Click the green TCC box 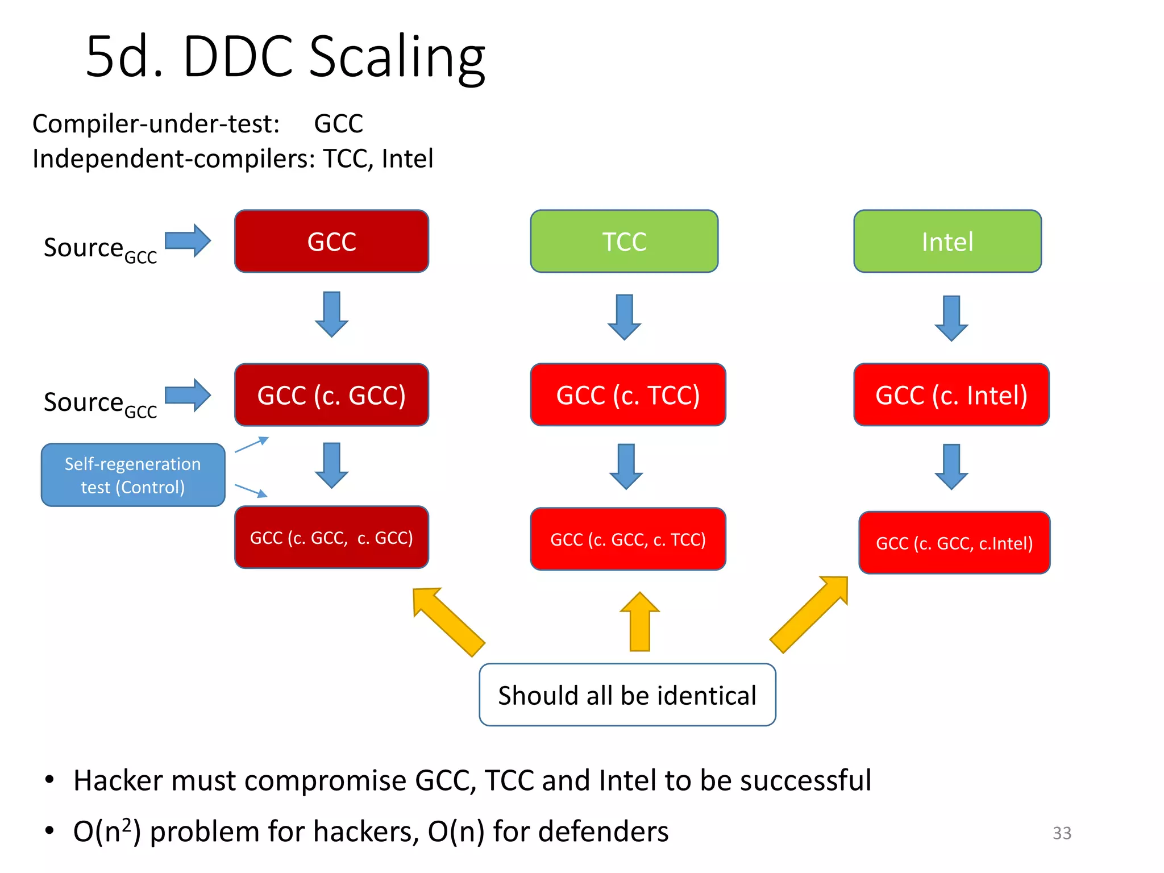tap(624, 242)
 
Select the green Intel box tap(947, 242)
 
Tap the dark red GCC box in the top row tap(331, 242)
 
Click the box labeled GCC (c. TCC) tap(627, 395)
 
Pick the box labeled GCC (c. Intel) tap(951, 395)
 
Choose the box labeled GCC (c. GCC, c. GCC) tap(331, 537)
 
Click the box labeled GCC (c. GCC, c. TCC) tap(627, 539)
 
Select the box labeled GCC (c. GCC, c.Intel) tap(954, 543)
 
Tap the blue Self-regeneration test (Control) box tap(133, 475)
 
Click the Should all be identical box tap(627, 695)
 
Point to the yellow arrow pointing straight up tap(640, 622)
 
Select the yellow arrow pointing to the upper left tap(448, 621)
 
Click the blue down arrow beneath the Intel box tap(951, 318)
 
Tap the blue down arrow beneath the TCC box tap(624, 317)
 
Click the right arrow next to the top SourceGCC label tap(188, 240)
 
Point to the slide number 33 tap(1061, 833)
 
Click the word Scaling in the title tap(397, 57)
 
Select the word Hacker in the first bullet tap(117, 780)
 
